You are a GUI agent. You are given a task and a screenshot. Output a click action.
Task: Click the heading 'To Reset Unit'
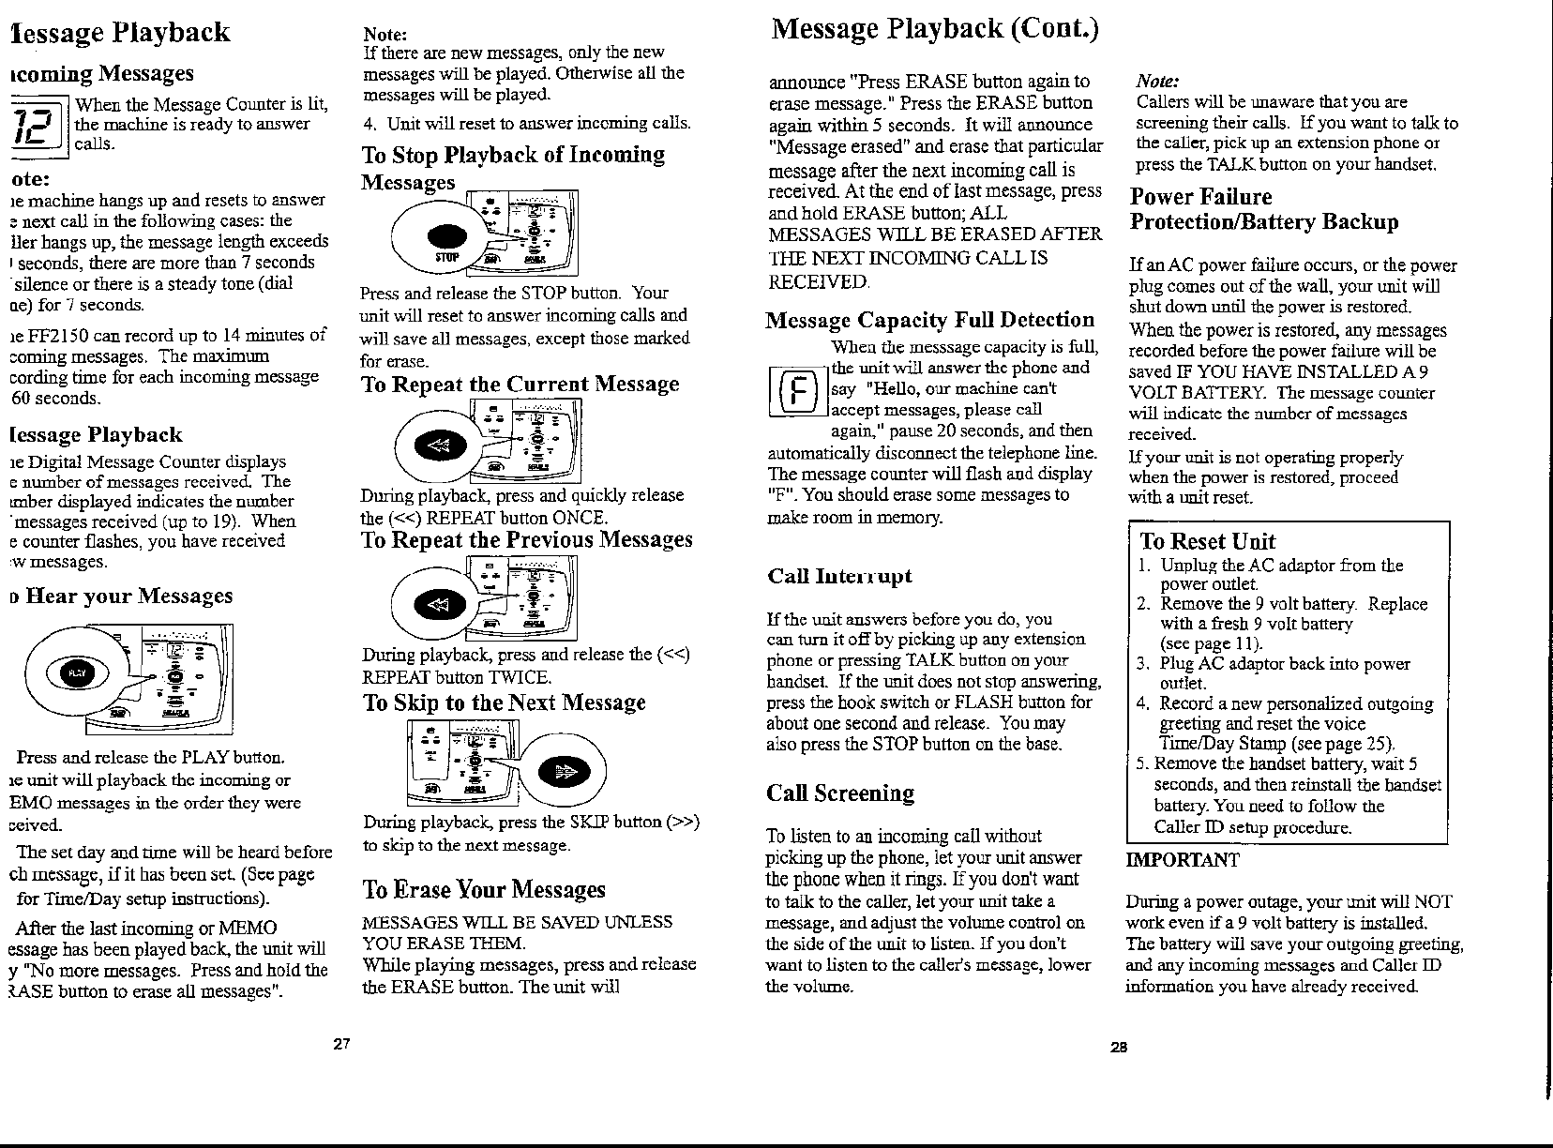[x=1207, y=541]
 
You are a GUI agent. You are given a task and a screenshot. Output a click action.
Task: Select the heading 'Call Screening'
[x=839, y=793]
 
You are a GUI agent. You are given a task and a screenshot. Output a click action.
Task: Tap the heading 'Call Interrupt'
[x=838, y=576]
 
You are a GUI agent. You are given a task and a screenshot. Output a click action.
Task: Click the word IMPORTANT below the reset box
[x=1182, y=860]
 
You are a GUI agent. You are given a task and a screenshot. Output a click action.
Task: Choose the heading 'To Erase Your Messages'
[x=484, y=889]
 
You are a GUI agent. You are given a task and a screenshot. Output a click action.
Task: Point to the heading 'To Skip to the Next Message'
[x=504, y=702]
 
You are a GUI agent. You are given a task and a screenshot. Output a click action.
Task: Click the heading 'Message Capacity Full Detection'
[x=930, y=320]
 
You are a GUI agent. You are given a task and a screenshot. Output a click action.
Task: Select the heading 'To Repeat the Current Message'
[x=520, y=385]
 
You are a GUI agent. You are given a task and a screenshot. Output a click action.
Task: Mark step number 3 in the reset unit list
[x=1143, y=664]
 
